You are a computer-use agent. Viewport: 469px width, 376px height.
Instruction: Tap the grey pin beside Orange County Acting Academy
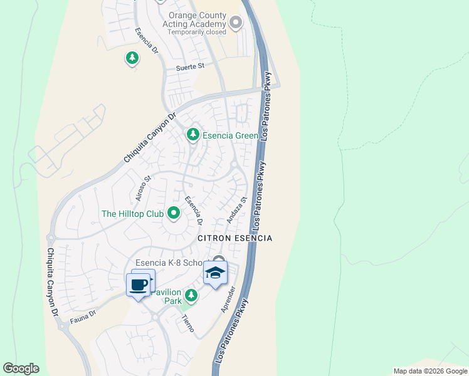pyautogui.click(x=236, y=23)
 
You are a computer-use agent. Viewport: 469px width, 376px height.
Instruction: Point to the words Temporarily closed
pyautogui.click(x=196, y=32)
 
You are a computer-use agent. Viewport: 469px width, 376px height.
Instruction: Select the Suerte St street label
pyautogui.click(x=190, y=65)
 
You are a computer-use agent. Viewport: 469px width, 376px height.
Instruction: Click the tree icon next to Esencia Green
pyautogui.click(x=193, y=135)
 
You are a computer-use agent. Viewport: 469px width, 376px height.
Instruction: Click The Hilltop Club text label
pyautogui.click(x=132, y=214)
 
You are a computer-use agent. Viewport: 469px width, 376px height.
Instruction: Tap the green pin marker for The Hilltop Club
pyautogui.click(x=174, y=214)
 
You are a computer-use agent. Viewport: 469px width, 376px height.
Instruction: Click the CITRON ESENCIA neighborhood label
pyautogui.click(x=235, y=238)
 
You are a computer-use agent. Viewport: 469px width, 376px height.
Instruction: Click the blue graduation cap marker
pyautogui.click(x=215, y=273)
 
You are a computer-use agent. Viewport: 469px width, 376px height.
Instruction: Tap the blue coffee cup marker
pyautogui.click(x=139, y=286)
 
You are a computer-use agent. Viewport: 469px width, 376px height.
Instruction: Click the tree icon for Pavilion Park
pyautogui.click(x=191, y=295)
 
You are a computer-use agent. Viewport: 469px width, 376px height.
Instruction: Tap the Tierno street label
pyautogui.click(x=187, y=322)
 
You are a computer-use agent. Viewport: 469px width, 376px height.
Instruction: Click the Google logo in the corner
pyautogui.click(x=21, y=368)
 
